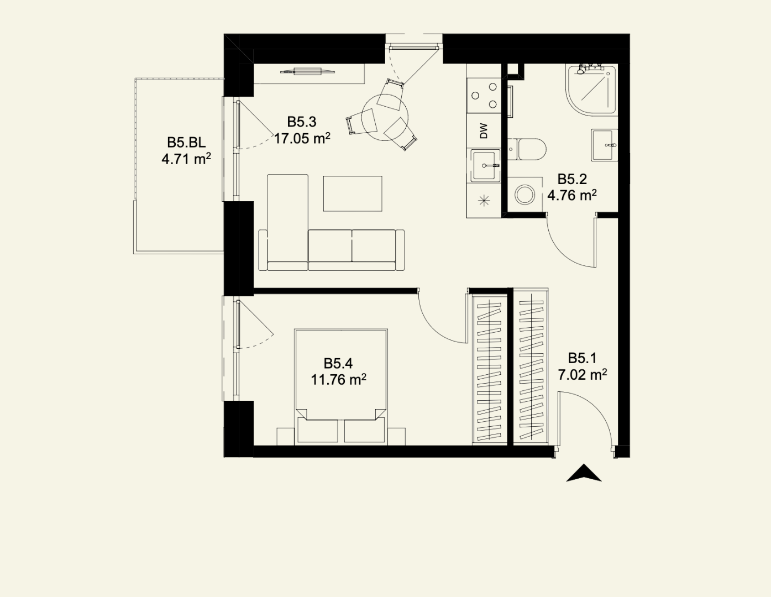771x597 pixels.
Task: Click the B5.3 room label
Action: pos(302,122)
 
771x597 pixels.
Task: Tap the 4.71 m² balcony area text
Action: pos(186,159)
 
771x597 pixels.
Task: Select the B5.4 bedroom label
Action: pos(338,364)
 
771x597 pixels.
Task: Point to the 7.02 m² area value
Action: pos(582,374)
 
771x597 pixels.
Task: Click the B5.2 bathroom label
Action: pos(572,179)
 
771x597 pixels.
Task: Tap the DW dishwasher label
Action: pos(484,131)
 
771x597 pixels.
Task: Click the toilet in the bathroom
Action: pos(527,149)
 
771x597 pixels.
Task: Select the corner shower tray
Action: pos(591,90)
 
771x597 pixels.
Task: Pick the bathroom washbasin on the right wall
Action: pos(604,145)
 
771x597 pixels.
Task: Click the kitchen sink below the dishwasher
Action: pos(485,166)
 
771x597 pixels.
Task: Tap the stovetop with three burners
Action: pos(484,96)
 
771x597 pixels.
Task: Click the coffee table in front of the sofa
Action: pos(353,193)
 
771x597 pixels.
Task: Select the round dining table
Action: pos(385,117)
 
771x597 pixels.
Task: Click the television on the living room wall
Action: pos(308,71)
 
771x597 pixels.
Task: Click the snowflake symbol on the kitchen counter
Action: pos(484,201)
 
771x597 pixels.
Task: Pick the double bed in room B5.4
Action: pos(341,386)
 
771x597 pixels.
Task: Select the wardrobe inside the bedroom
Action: pos(490,369)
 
